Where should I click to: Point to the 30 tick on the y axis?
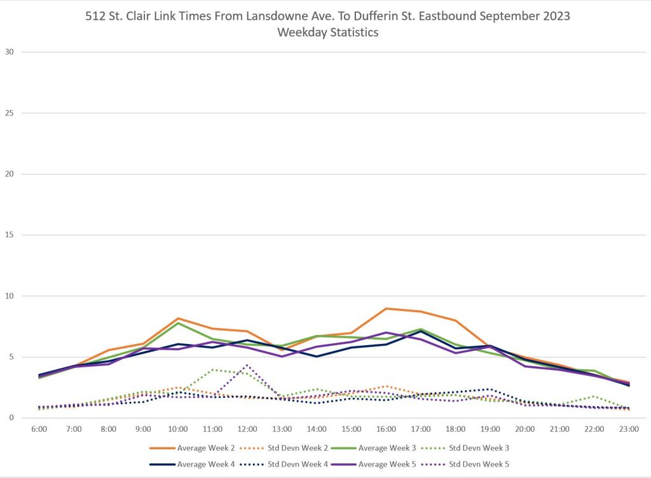(9, 52)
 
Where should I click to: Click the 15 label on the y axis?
(9, 235)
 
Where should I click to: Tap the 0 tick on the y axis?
(11, 418)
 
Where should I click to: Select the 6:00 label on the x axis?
(39, 430)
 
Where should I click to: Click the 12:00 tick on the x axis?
(247, 430)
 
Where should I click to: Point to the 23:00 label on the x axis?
(629, 430)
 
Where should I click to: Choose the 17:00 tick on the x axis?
(421, 430)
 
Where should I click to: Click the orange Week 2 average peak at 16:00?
(386, 308)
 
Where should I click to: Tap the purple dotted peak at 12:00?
(247, 365)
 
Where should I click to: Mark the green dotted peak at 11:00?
(213, 369)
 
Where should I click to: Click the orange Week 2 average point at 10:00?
(178, 318)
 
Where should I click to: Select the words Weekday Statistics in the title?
(327, 32)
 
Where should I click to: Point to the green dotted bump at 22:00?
(594, 397)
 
